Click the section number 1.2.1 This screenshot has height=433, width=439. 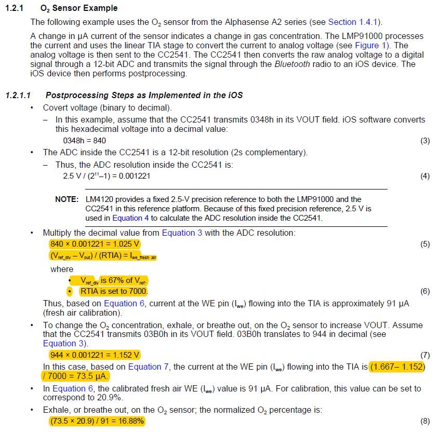(15, 8)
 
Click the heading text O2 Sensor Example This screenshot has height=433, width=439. (79, 8)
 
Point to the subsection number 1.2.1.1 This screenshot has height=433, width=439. (18, 96)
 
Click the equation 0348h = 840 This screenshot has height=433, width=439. (85, 140)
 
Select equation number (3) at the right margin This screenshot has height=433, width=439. (425, 140)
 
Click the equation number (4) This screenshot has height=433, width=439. (425, 176)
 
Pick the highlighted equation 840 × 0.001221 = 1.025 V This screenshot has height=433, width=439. (95, 244)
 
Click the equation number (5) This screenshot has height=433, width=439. (425, 244)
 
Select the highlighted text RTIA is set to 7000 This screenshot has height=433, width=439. (114, 291)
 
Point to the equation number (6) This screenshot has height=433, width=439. (425, 291)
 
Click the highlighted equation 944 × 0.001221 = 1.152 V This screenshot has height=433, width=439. (95, 355)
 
